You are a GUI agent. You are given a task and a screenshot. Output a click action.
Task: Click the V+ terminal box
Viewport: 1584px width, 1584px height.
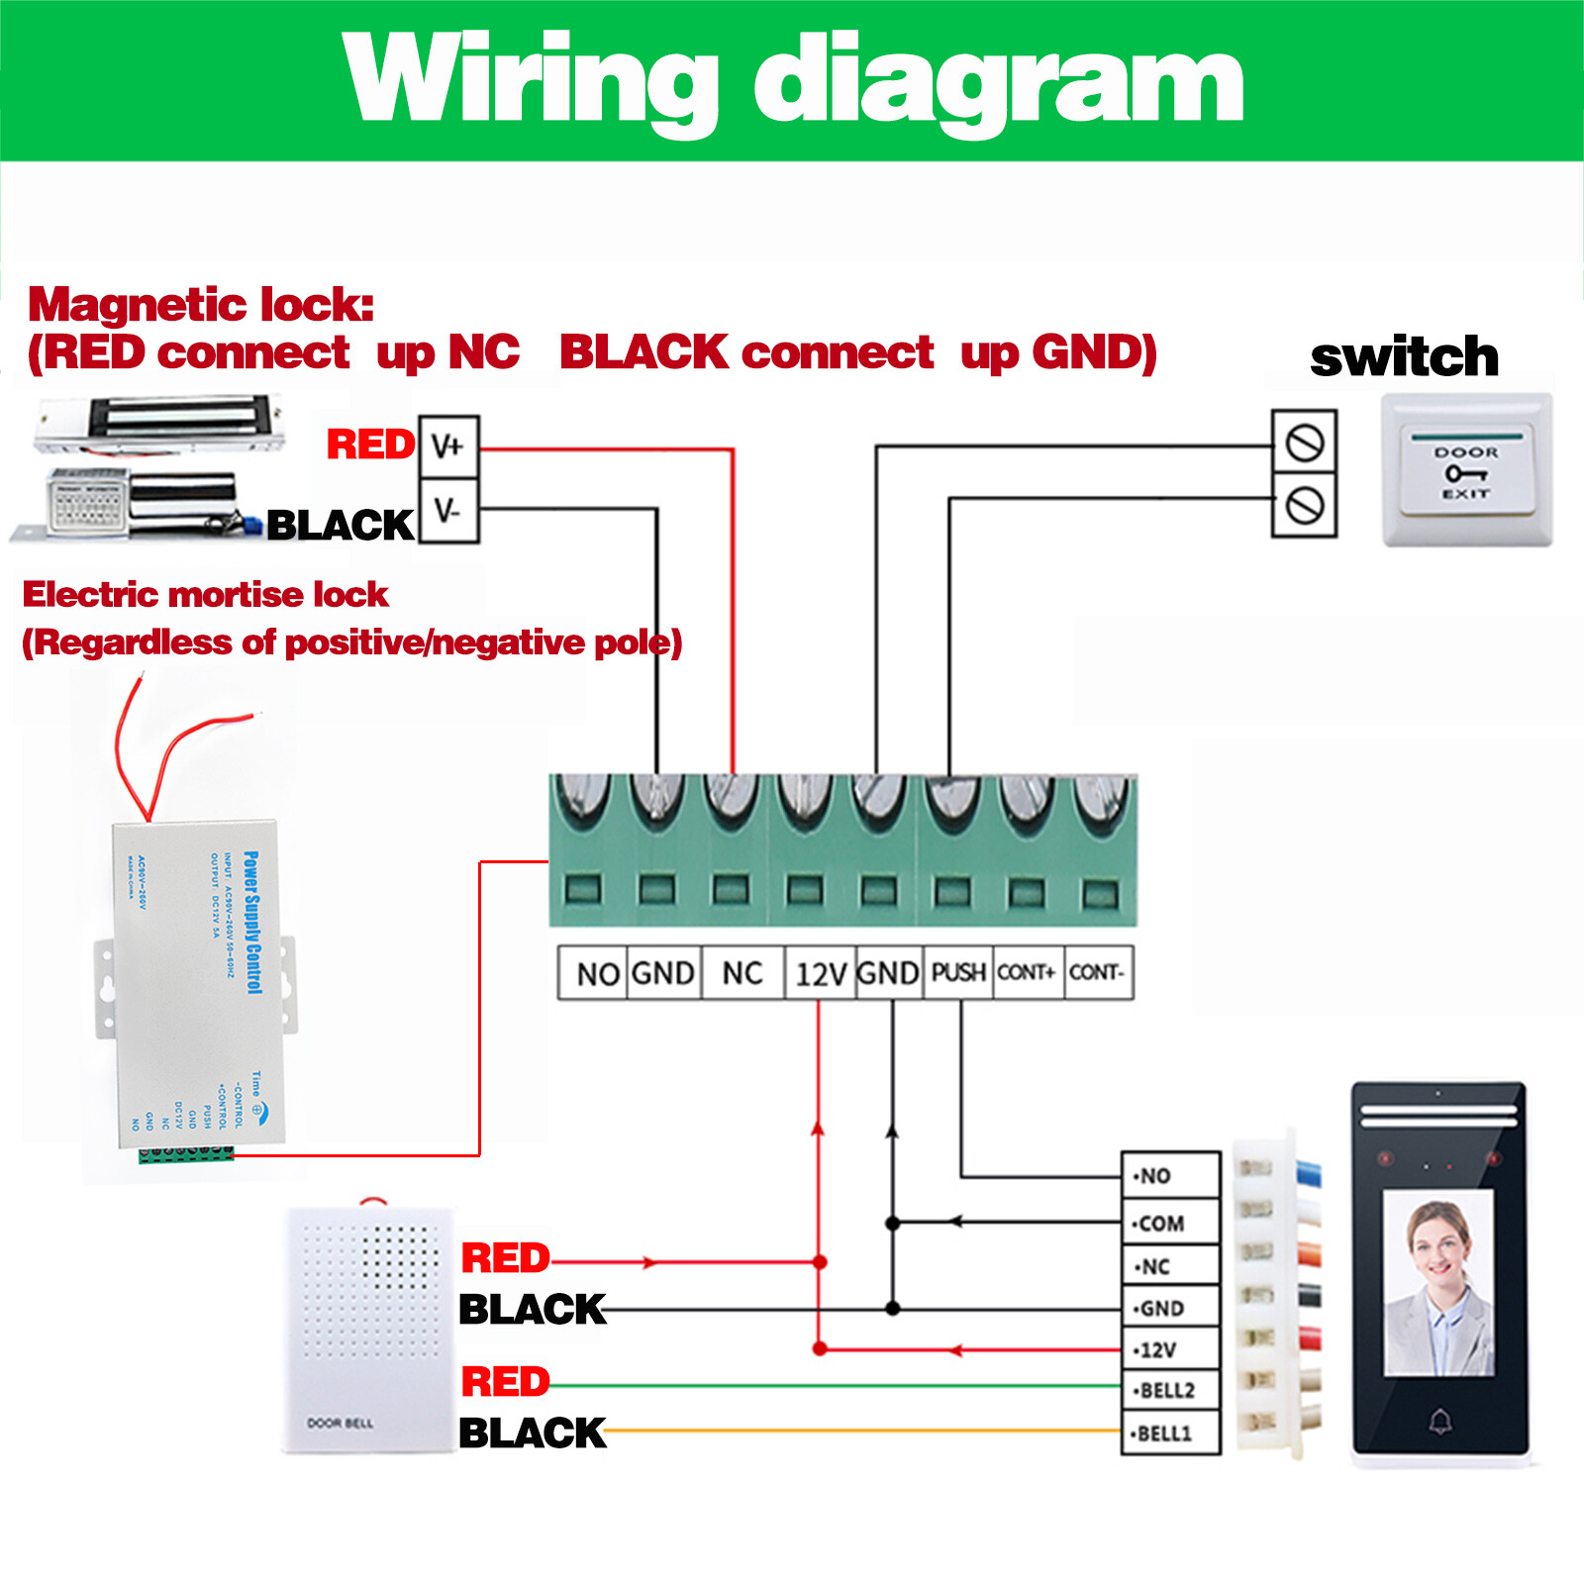448,446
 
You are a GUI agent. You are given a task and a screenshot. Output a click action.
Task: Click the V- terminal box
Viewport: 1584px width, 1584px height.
448,511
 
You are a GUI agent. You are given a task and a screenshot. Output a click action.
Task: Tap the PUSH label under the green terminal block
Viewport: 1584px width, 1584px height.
958,972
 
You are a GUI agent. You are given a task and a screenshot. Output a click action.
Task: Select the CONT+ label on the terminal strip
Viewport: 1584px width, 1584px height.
1027,972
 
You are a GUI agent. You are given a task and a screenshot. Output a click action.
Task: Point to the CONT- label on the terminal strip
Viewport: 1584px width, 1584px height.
1097,972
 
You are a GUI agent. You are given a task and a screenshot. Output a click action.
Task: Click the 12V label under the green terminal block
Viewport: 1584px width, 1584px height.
821,974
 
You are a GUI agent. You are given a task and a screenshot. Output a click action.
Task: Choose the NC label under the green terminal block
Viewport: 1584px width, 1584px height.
742,973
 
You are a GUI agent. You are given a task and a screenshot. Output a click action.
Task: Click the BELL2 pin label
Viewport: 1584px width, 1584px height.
1168,1390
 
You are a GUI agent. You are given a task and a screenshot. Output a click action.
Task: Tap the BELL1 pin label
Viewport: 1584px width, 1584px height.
1165,1434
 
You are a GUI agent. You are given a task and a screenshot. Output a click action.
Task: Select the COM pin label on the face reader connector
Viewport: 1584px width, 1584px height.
1160,1224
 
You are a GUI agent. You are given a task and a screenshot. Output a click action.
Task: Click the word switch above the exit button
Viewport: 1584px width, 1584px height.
1404,356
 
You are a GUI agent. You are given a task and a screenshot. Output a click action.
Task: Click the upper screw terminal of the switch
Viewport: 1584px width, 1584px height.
1305,443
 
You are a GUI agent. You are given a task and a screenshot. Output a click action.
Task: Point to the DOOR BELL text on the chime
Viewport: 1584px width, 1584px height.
340,1423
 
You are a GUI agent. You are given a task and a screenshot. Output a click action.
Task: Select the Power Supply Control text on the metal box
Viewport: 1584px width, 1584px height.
253,922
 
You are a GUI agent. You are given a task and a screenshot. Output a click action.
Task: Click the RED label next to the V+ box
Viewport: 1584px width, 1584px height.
371,445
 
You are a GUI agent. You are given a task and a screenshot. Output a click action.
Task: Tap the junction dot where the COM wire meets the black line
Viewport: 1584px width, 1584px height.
892,1224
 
